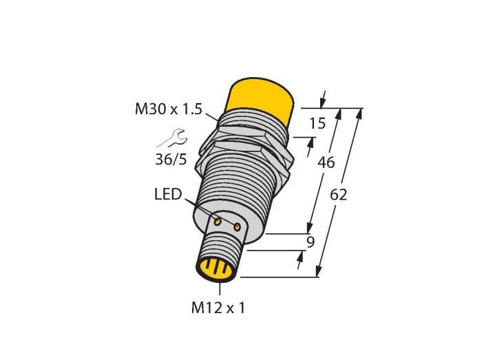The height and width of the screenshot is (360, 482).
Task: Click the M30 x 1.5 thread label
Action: (169, 109)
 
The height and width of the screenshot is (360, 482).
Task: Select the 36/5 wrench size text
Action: (171, 160)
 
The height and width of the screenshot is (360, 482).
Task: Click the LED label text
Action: (168, 194)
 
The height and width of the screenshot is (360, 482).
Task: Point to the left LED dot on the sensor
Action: (218, 222)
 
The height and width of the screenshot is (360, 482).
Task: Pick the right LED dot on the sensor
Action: (237, 227)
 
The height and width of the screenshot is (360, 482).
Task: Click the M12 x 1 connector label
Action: (218, 308)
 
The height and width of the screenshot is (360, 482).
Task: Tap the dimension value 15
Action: (317, 123)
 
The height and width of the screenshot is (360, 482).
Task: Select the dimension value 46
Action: (326, 162)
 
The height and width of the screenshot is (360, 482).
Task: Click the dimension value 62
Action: (339, 195)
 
